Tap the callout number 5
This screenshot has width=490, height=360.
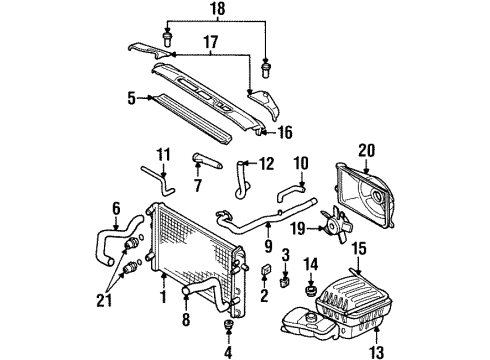point(130,99)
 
